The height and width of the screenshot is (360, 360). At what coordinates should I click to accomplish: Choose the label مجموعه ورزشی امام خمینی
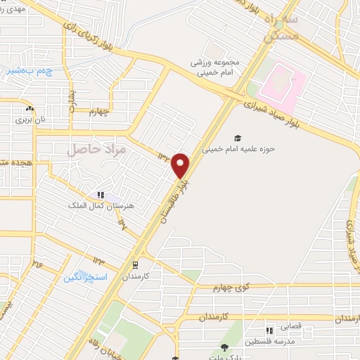coord(214,67)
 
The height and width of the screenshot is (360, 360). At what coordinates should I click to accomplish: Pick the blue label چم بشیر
coord(29,70)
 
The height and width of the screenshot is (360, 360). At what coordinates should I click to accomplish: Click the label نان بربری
coord(30,120)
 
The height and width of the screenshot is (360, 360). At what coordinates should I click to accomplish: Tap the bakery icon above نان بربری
coord(30,109)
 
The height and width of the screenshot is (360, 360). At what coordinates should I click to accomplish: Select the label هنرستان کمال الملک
coord(89,205)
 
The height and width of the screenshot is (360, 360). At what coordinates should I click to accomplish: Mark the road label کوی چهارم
coord(233,287)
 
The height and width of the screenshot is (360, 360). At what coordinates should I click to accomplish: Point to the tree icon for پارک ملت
coord(224,347)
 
